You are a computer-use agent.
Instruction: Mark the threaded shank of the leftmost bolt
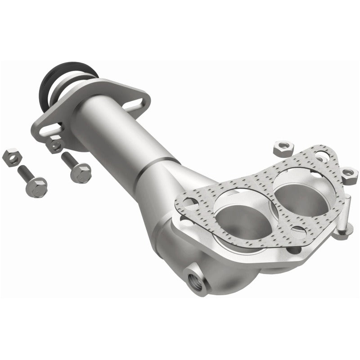(25, 173)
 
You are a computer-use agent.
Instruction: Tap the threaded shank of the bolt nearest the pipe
(68, 159)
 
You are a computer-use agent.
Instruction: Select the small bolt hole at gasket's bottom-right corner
(297, 232)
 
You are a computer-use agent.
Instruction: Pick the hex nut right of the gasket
(349, 173)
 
